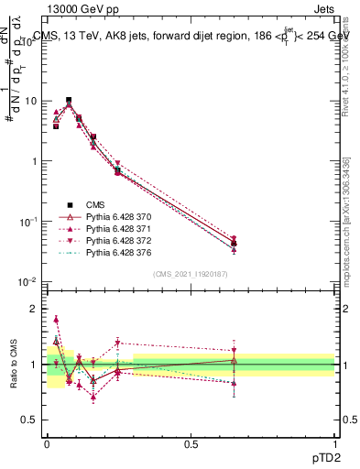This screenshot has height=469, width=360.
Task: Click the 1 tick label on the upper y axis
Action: [x=34, y=161]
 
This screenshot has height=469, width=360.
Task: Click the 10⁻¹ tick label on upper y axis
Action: [x=28, y=221]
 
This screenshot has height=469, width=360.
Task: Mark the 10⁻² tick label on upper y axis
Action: [x=28, y=281]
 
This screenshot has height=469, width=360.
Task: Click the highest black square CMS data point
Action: [x=69, y=100]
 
